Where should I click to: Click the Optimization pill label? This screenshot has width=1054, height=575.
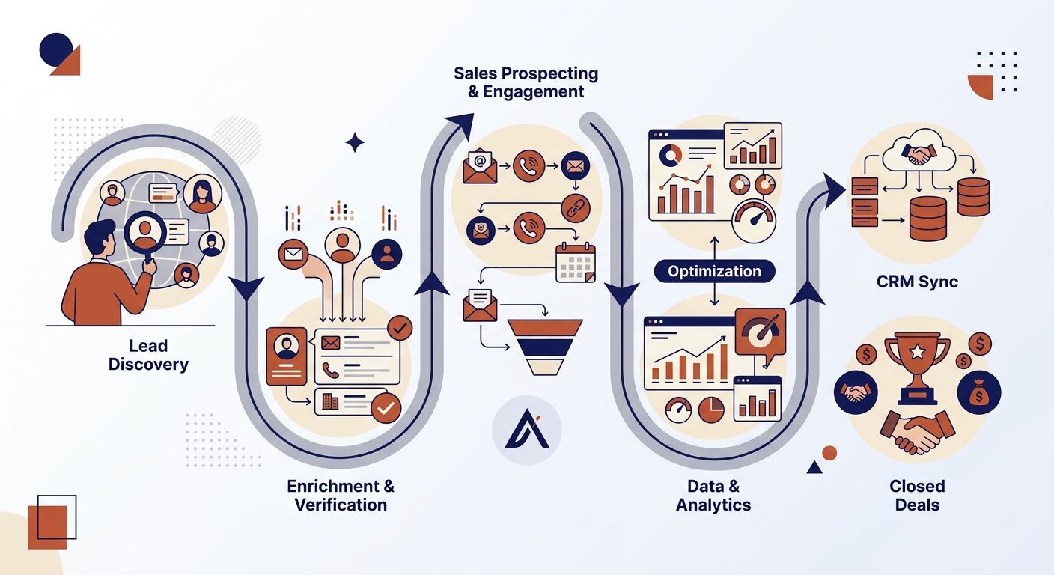pos(714,271)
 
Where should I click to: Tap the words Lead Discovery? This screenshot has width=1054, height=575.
pos(148,355)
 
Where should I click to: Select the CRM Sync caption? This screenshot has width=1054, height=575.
pos(917,282)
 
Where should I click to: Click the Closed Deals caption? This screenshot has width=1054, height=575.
pos(917,495)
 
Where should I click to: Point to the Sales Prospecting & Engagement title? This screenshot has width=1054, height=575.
pos(526,82)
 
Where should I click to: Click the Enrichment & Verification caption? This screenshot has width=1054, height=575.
pos(341,495)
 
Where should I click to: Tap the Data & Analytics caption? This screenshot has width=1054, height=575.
pos(713,495)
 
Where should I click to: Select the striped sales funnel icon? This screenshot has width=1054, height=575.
pos(545,347)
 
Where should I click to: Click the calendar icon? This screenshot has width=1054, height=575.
pos(576,263)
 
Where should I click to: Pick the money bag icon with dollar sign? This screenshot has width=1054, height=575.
pos(979,392)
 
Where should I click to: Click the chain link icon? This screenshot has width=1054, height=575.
pos(575,208)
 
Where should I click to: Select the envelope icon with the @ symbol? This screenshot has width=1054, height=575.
pos(480,166)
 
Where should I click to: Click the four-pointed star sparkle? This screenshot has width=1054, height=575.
pos(355,142)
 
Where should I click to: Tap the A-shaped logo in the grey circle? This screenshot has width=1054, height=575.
pos(527,429)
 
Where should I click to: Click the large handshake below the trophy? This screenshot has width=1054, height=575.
pos(917,432)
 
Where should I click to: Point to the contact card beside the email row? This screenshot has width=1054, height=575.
pos(286,356)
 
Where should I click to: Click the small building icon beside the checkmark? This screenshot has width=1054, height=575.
pos(330,401)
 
